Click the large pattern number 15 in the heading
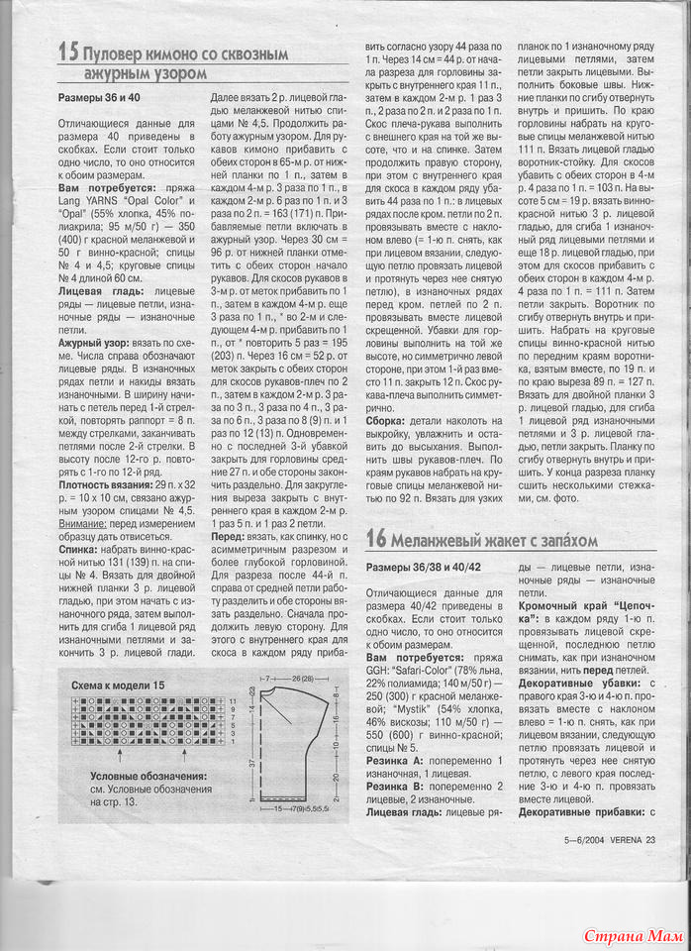click(68, 53)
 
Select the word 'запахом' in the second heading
click(564, 540)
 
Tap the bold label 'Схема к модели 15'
click(118, 685)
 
